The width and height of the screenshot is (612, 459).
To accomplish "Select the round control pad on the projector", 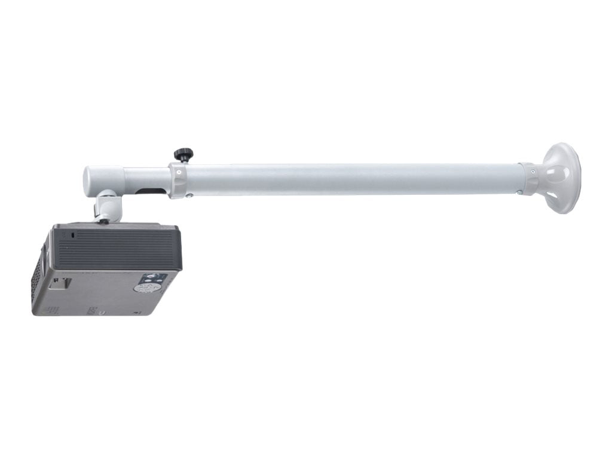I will point(143,287).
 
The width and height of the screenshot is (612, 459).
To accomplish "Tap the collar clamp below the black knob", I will point(179,179).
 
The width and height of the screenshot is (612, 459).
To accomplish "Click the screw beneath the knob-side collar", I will point(189,194).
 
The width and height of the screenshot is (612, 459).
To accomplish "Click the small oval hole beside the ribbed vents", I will point(73,235).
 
